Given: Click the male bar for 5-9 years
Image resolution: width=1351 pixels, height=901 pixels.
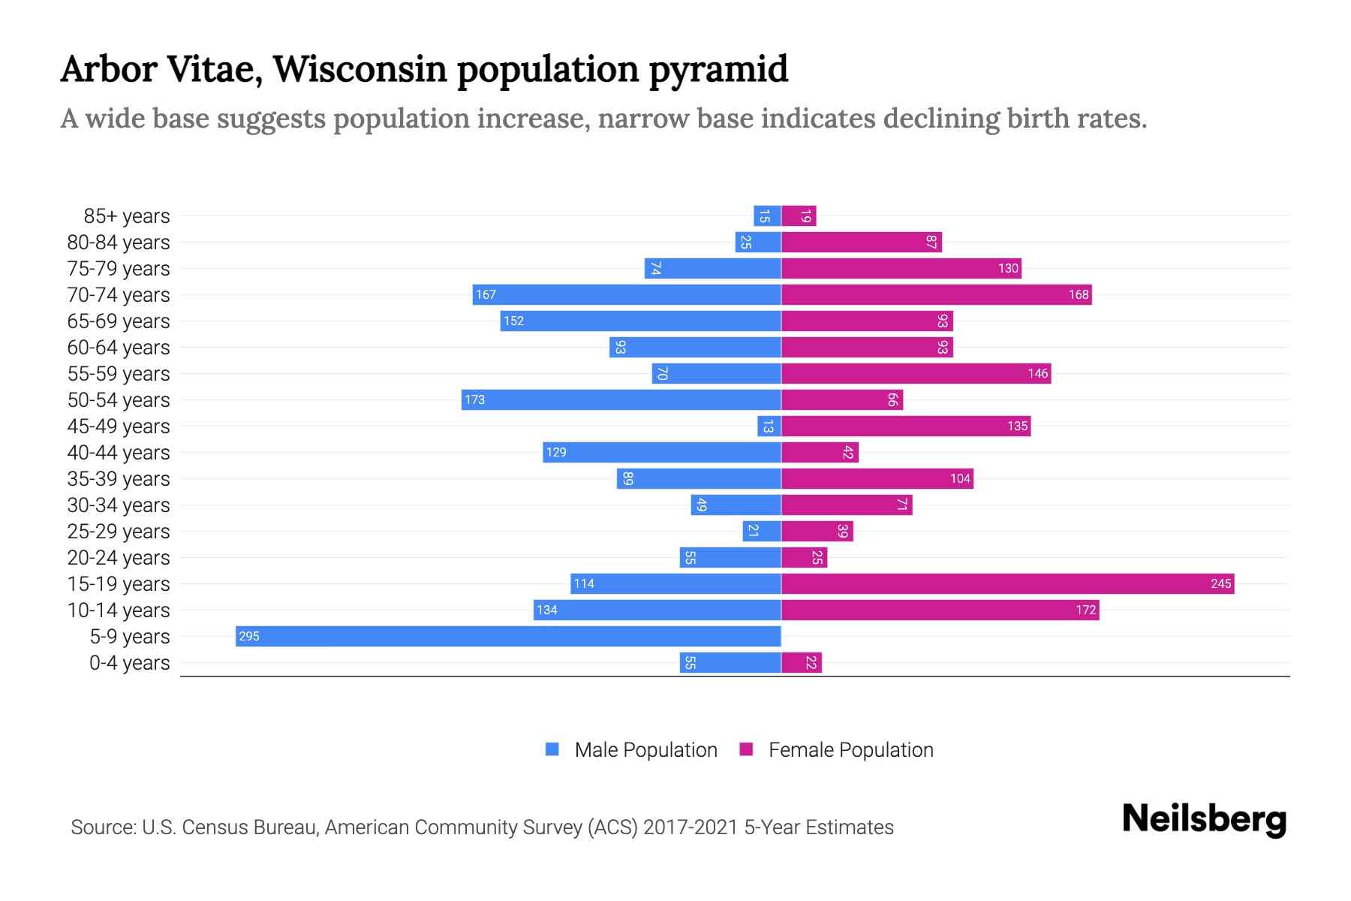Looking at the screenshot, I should pos(508,636).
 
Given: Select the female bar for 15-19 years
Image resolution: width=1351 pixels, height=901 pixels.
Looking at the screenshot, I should pos(1007,583).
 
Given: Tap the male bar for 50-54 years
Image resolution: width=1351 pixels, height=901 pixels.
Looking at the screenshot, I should pos(621,399).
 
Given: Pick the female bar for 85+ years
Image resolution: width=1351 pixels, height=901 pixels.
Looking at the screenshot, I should pos(799,216).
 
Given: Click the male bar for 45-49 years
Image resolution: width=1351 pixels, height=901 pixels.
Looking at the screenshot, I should pos(769,426).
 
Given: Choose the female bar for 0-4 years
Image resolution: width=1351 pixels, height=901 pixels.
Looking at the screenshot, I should pos(802,662).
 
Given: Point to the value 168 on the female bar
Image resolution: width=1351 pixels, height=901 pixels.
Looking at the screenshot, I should pos(1079,294).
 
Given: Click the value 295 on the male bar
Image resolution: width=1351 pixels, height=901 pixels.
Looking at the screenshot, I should pos(248,637).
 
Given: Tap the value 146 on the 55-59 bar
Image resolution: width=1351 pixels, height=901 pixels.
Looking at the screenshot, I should pos(1038,373).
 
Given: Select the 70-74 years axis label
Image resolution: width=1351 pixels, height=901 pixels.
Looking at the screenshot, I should pos(119,295).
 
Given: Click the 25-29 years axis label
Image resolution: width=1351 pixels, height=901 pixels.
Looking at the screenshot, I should pos(119,532).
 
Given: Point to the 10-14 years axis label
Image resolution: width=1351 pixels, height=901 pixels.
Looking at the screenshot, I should pos(119,610).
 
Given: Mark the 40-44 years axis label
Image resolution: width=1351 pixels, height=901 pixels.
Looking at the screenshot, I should pos(119,453).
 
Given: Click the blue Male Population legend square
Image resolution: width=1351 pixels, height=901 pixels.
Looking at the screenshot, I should pos(552,749).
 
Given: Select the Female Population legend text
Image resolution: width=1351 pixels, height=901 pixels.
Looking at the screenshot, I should pos(850,750).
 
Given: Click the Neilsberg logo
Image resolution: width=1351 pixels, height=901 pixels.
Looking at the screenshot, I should pos(1204,819).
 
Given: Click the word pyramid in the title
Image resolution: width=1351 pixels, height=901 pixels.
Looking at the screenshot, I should pos(718,69).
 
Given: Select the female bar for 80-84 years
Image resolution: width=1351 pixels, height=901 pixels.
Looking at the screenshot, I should pos(862,242).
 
